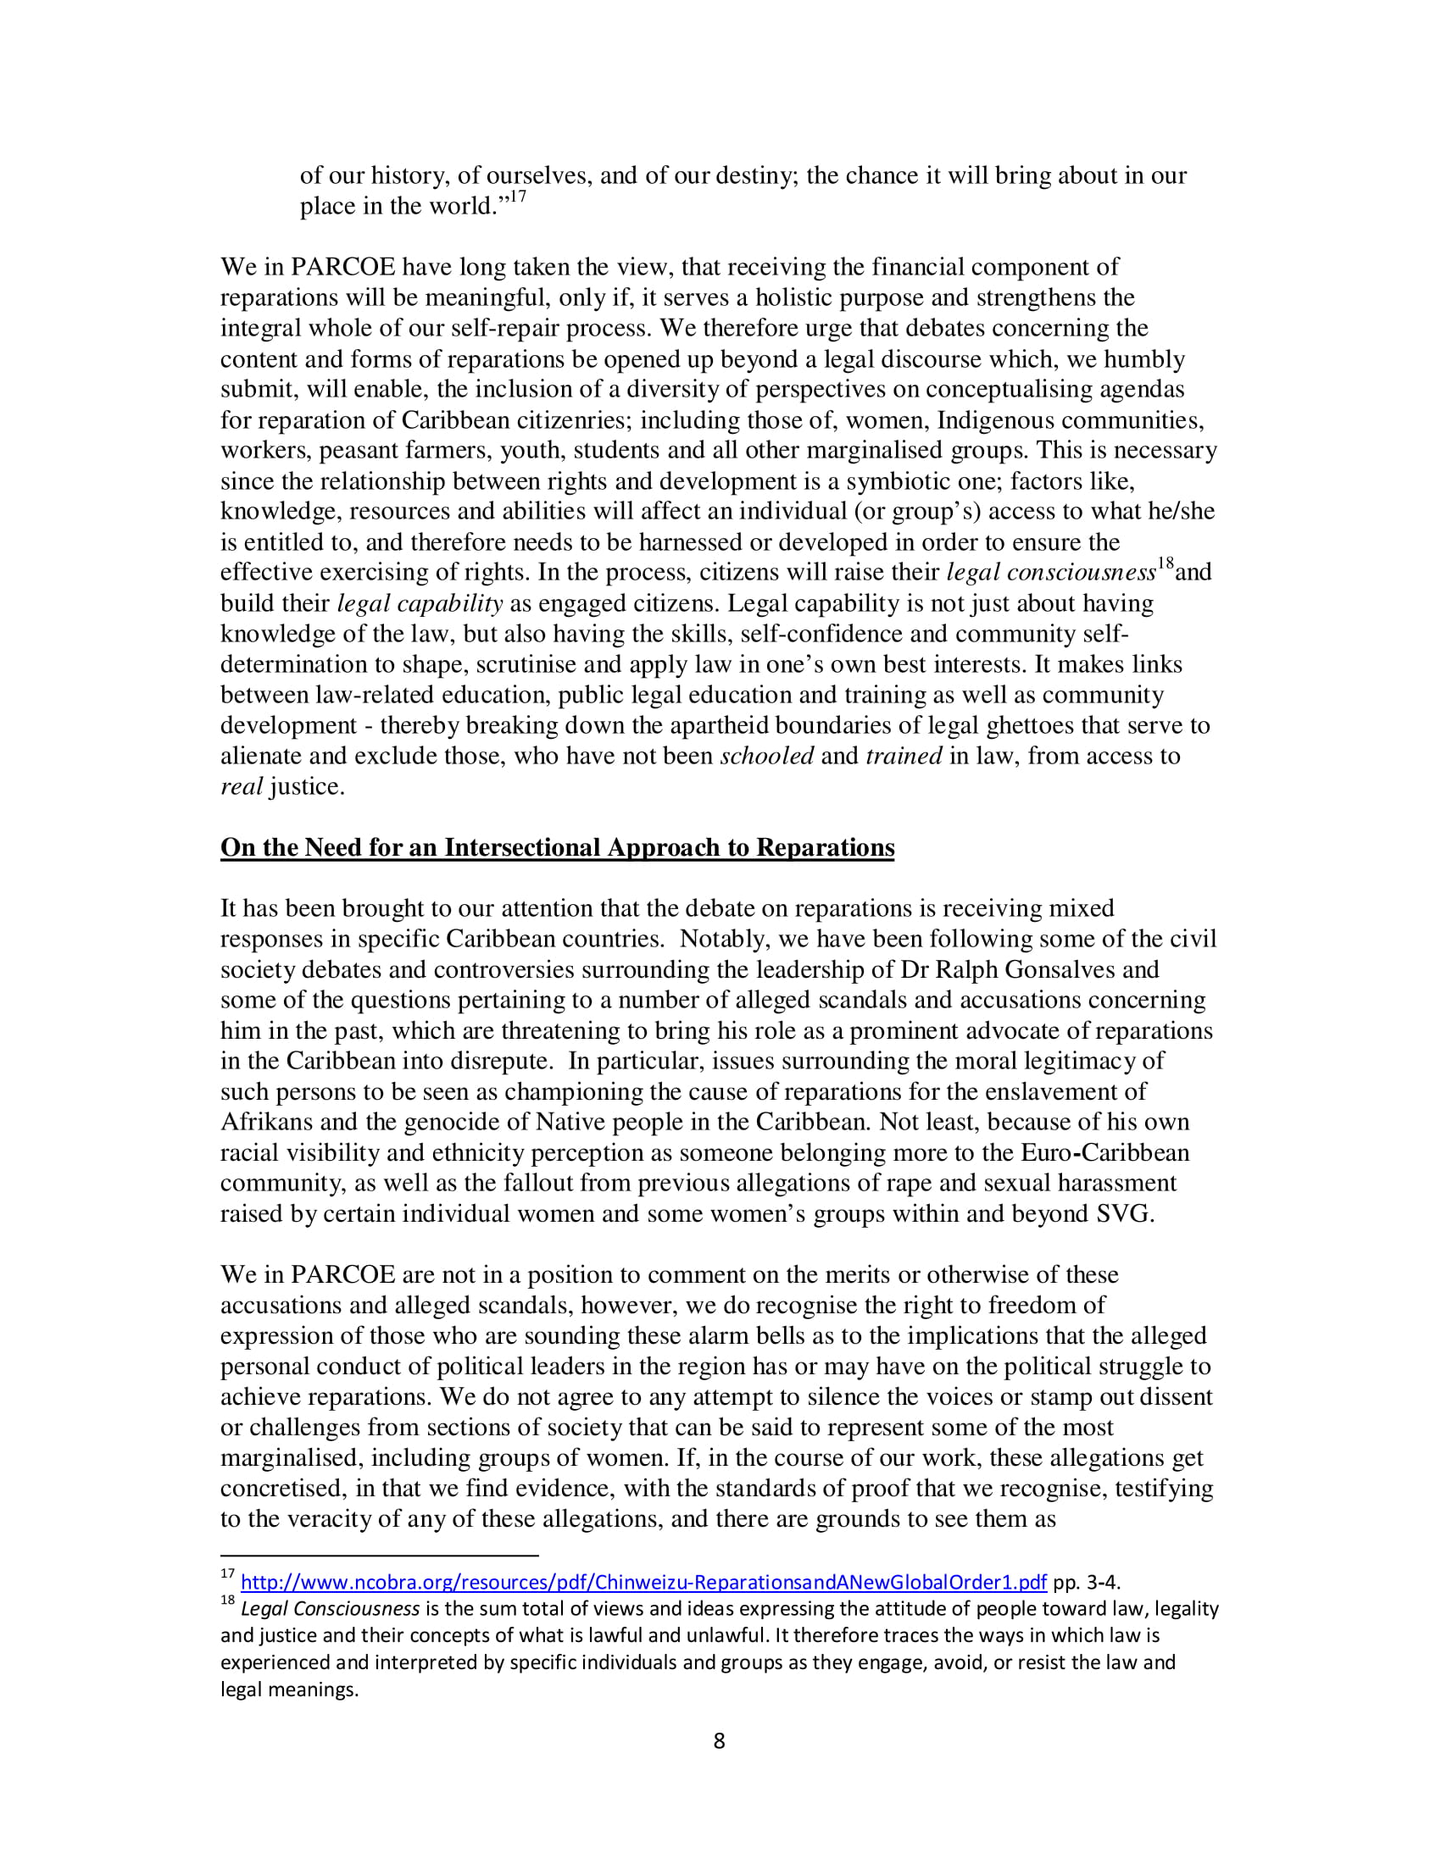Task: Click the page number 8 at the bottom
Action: tap(719, 1741)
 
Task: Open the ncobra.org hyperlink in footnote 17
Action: tap(643, 1583)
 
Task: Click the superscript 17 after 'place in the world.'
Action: tap(517, 197)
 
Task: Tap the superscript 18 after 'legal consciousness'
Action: tap(1165, 564)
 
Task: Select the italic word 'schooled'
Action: tap(766, 756)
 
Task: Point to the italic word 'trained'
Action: tap(904, 756)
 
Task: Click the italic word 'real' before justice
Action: tap(241, 787)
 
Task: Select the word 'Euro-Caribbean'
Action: tap(1104, 1153)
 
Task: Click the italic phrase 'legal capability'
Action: tap(419, 604)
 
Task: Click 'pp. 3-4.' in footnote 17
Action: tap(1086, 1583)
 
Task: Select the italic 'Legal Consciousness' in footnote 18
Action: tap(330, 1610)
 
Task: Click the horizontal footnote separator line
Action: tap(379, 1556)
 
